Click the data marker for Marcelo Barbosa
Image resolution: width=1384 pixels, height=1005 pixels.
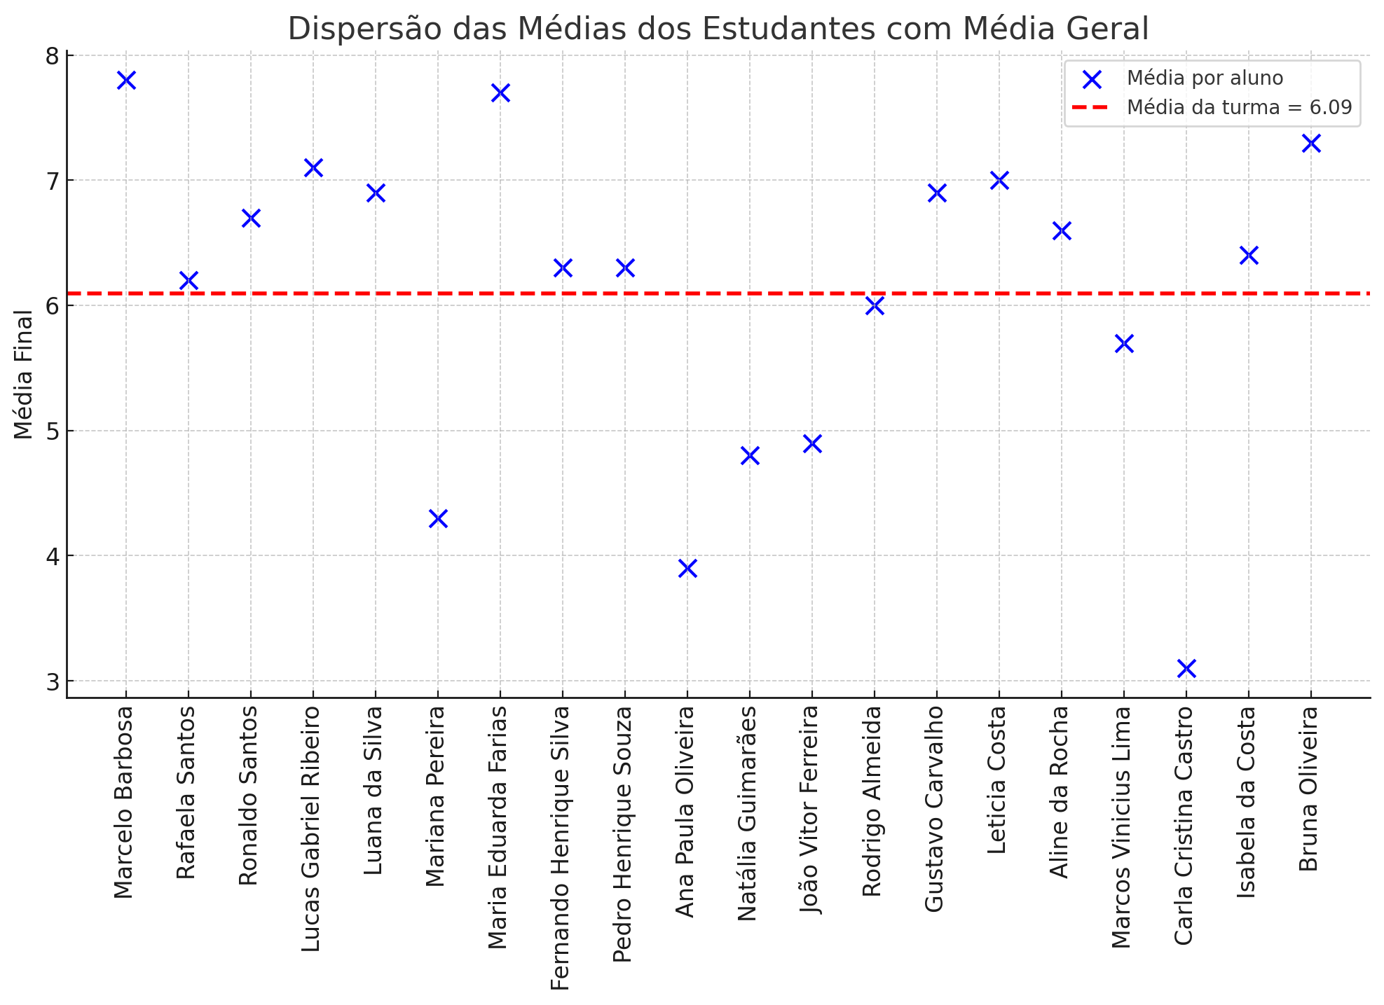[126, 80]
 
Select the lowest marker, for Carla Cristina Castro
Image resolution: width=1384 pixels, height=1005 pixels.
[1186, 668]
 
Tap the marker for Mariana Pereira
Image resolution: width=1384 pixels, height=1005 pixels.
[438, 518]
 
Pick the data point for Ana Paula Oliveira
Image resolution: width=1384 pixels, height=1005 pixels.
[687, 568]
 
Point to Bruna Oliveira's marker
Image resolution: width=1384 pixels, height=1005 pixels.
[1311, 143]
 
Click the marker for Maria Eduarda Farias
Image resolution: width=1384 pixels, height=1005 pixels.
[500, 92]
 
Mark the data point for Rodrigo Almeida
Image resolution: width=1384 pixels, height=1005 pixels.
[875, 305]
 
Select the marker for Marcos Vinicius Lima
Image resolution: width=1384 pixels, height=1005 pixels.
[1124, 343]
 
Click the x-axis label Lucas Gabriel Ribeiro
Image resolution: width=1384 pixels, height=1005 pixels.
[311, 829]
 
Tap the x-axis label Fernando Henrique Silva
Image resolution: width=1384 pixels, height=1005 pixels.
[561, 847]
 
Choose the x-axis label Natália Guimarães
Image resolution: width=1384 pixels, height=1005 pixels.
[748, 813]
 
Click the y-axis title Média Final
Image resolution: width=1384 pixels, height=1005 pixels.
[24, 375]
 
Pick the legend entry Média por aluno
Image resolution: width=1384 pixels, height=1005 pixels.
[1205, 78]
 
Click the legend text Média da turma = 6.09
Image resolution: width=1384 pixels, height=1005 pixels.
[1239, 108]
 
